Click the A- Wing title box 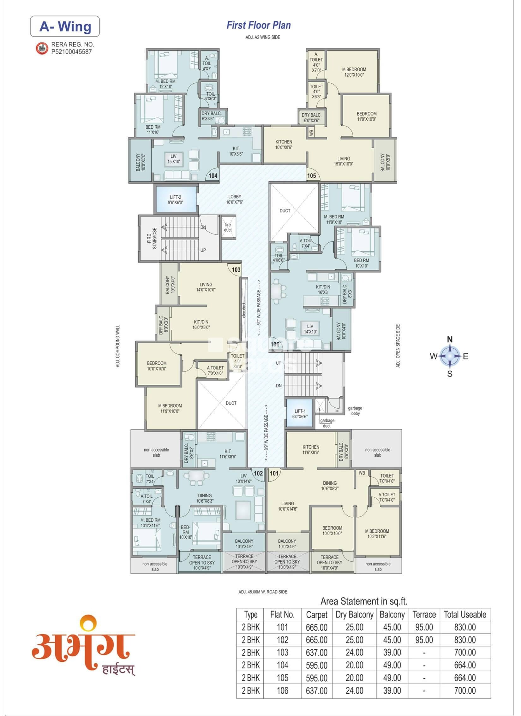point(65,27)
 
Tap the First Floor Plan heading point(258,25)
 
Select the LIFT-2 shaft point(176,199)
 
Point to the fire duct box point(228,227)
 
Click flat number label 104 point(213,175)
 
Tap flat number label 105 point(312,175)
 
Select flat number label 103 point(236,269)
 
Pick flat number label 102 point(258,473)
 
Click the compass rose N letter point(450,339)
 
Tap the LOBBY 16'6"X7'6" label point(234,199)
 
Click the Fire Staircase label point(152,238)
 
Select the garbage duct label point(327,423)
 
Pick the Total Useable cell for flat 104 point(464,665)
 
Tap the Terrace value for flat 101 point(424,627)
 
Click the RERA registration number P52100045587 point(71,52)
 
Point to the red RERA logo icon point(41,48)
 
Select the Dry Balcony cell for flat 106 point(354,690)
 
